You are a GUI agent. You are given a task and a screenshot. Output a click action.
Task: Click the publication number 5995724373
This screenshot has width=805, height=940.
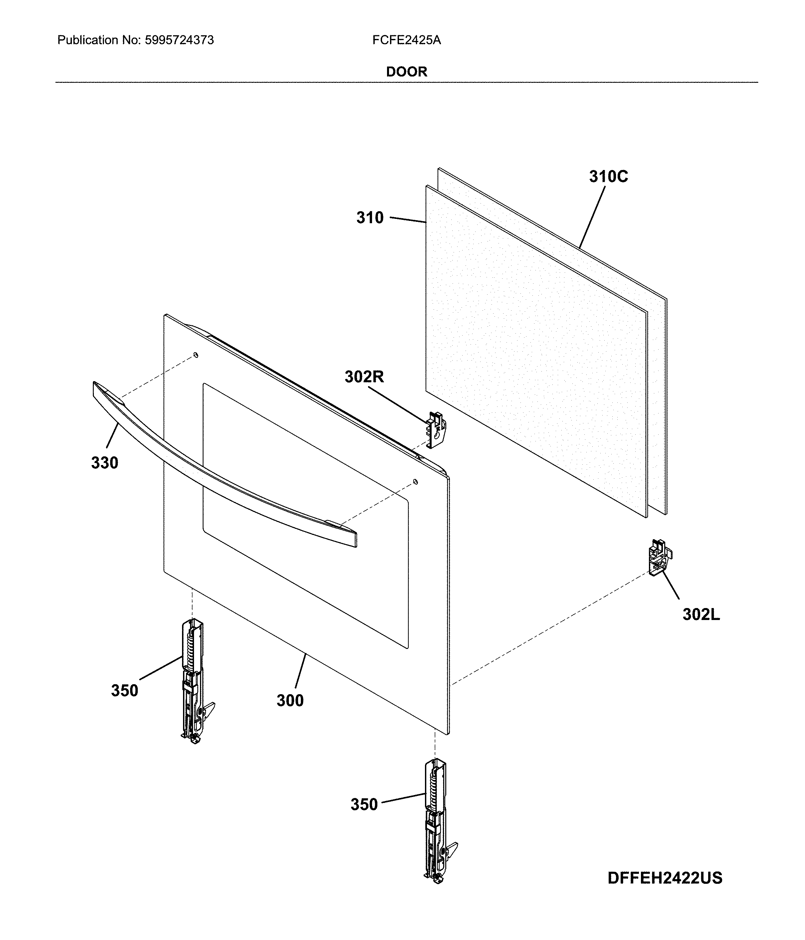pos(179,40)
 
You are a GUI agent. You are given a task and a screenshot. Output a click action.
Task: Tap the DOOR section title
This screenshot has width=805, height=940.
pos(407,72)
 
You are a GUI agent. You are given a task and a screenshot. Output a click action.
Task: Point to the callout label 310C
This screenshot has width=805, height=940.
pos(609,177)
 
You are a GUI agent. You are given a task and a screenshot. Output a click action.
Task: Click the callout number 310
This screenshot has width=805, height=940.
pos(370,218)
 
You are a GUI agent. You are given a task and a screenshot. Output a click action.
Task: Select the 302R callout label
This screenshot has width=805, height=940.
pos(364,377)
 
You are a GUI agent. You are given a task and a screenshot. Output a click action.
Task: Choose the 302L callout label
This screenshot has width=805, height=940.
pos(701,614)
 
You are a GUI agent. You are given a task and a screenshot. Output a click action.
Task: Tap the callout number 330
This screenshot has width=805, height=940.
pos(105,463)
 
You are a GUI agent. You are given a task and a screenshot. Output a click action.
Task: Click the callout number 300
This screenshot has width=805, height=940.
pos(290,701)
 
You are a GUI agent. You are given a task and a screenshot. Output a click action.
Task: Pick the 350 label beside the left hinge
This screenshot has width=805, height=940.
pos(124,691)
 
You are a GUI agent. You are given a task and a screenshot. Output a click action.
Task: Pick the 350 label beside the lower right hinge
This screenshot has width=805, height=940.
pos(364,804)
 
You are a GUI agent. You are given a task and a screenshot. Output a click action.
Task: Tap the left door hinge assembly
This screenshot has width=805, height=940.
pos(194,681)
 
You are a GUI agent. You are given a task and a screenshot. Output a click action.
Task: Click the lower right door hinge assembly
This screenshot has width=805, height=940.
pos(437,821)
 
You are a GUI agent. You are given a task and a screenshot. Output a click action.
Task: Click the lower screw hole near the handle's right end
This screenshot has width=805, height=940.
pos(415,481)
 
